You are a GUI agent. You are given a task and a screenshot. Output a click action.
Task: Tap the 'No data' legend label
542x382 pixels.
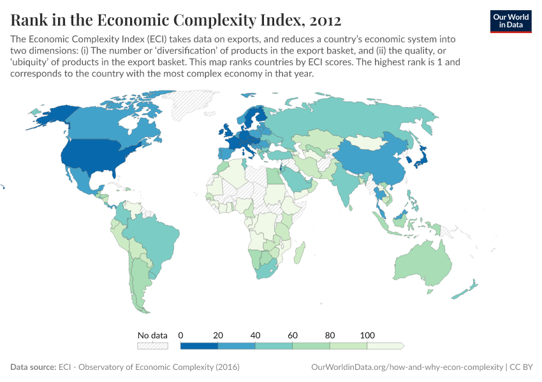tap(152, 335)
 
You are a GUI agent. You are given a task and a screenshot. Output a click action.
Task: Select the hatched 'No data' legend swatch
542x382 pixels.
tap(152, 346)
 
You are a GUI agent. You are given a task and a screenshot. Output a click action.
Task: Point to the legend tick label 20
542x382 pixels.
tap(218, 335)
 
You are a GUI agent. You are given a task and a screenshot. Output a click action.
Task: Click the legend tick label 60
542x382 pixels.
tap(293, 335)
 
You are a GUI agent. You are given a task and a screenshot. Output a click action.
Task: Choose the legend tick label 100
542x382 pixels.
tap(367, 335)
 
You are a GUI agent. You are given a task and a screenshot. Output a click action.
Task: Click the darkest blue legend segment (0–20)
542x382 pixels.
tap(200, 346)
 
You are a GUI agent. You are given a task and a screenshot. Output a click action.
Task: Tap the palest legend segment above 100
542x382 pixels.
tap(385, 346)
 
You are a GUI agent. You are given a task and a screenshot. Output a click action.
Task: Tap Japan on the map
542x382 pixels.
tap(421, 157)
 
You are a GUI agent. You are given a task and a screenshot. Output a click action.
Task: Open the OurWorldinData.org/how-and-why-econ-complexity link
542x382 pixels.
tap(406, 367)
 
